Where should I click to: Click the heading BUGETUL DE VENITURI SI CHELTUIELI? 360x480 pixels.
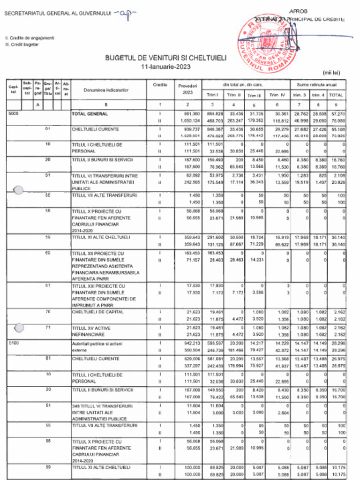(165, 58)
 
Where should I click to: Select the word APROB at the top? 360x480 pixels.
(298, 10)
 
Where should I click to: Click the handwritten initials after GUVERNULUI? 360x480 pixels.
(125, 14)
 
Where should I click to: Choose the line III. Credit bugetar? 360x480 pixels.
(22, 45)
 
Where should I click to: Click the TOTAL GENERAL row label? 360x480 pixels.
(90, 114)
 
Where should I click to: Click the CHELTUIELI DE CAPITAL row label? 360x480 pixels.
(98, 312)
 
